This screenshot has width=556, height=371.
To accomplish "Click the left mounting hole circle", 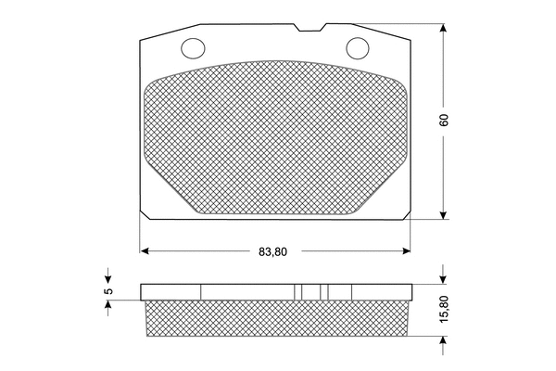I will [x=195, y=47].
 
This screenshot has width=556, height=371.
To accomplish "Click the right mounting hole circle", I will [x=357, y=47].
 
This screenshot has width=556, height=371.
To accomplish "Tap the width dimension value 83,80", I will [x=275, y=250].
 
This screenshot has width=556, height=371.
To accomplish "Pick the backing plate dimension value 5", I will [x=108, y=291].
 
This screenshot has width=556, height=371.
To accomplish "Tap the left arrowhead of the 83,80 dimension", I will [x=145, y=250].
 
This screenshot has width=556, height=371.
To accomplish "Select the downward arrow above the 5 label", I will [x=108, y=277].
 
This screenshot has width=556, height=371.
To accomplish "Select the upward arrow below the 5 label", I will [x=108, y=307].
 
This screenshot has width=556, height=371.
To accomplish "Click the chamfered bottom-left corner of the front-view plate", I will [x=146, y=215].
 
